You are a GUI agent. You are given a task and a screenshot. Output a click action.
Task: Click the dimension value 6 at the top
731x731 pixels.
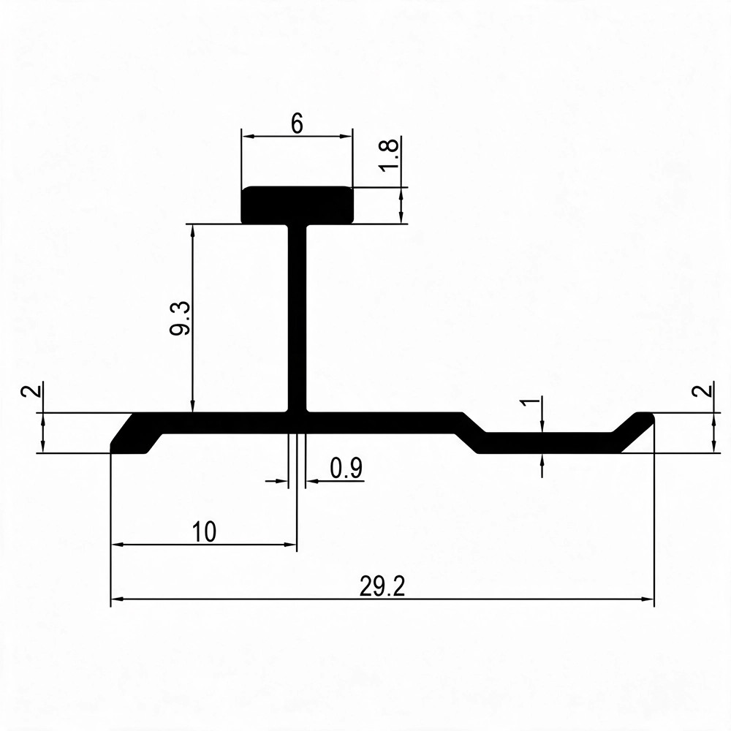297,124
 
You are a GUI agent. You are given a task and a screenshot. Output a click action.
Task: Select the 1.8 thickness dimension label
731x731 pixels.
390,155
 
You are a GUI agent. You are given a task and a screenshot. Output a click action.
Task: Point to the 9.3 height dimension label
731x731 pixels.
180,319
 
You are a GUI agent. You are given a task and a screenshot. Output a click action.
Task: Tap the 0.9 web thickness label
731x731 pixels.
346,468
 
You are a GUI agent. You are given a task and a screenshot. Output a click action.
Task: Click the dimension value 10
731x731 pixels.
204,532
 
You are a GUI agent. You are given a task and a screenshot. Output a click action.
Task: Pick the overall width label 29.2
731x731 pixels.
382,586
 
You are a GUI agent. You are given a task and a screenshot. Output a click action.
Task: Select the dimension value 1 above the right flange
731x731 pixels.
530,401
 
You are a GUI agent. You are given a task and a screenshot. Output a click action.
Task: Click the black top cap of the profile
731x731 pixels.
297,205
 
